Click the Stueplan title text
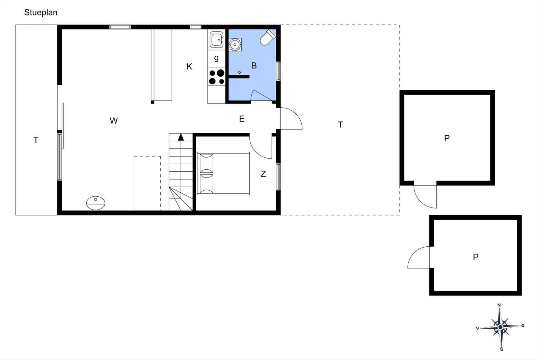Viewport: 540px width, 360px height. tap(41, 12)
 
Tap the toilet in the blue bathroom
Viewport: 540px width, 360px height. tap(268, 37)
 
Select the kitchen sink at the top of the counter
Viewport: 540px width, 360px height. tap(216, 39)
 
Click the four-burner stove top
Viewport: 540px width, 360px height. tap(216, 77)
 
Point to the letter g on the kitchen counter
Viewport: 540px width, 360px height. tap(216, 58)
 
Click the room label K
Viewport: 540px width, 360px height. tap(189, 66)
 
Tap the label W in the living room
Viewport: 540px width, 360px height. tap(114, 120)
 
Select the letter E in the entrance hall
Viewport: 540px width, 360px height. tap(242, 119)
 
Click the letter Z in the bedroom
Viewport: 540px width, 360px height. tap(263, 174)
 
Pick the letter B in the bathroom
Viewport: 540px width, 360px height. tap(254, 65)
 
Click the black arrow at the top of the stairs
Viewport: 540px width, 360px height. tap(181, 137)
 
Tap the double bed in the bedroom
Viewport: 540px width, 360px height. tap(223, 173)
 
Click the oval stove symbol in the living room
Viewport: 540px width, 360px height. tap(96, 203)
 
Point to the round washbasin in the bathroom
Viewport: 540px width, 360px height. tap(235, 45)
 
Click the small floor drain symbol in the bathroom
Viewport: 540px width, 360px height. tap(239, 72)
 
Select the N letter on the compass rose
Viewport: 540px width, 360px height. tap(499, 305)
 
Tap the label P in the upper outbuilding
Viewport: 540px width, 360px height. tap(447, 138)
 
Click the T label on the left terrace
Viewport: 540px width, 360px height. tap(36, 140)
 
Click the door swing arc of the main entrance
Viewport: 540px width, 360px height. tap(297, 114)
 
